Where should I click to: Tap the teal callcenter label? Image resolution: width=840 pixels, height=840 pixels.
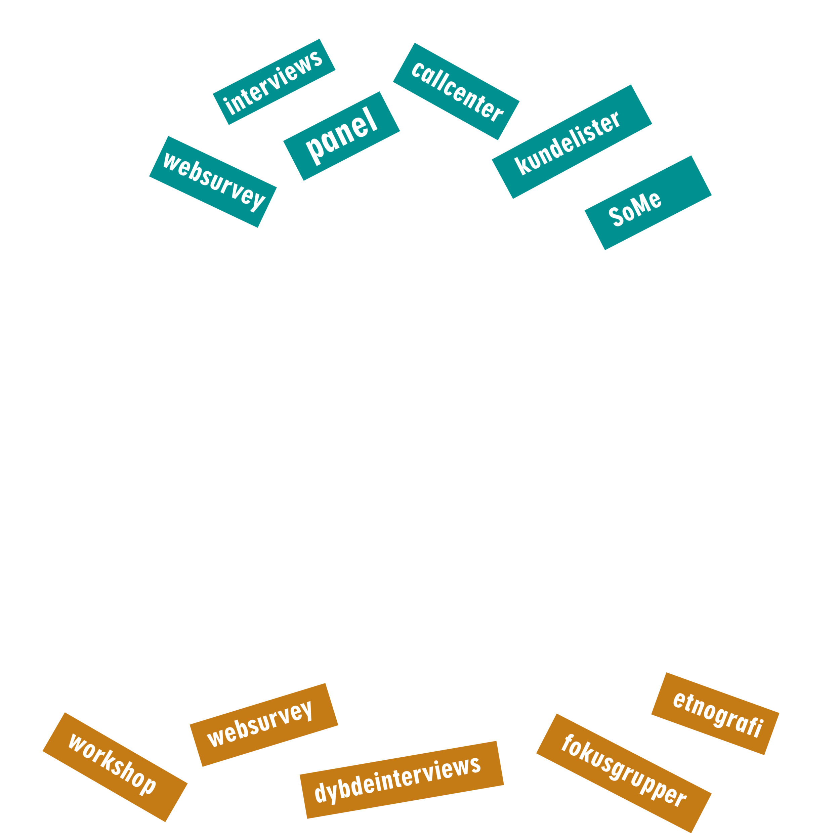pos(456,91)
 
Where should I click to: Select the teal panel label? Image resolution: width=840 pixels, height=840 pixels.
pos(341,136)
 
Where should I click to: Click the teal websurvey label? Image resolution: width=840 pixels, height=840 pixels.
pos(213,182)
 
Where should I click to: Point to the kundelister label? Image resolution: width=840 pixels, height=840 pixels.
pos(572,141)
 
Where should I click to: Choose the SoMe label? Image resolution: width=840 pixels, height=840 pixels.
pos(648,203)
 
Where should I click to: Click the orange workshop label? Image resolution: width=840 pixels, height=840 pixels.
pos(115,767)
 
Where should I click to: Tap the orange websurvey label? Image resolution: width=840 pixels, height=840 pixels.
pos(264,725)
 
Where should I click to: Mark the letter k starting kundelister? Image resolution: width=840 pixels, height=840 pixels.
pos(522,166)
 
